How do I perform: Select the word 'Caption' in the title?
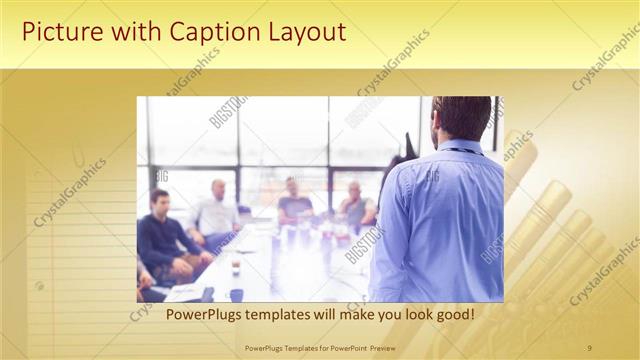[x=198, y=32]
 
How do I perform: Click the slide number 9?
[x=589, y=347]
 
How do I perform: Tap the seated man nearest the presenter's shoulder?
[x=355, y=204]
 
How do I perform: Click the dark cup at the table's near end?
[x=236, y=294]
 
